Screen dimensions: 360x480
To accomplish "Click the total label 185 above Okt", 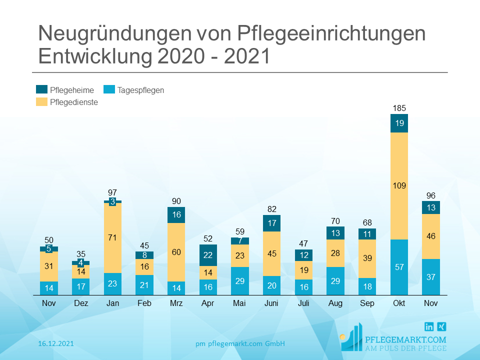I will [x=399, y=107].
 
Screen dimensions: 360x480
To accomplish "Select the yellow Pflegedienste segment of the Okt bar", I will [x=399, y=186].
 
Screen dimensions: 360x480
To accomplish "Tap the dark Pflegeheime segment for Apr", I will [x=208, y=255].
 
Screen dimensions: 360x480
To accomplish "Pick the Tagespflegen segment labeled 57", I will [x=399, y=267].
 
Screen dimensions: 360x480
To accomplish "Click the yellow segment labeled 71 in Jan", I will [x=112, y=237].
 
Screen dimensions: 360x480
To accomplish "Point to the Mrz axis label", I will [x=176, y=303].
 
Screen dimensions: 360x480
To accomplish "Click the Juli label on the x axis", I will [x=303, y=303].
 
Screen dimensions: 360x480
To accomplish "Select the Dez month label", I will [x=80, y=303].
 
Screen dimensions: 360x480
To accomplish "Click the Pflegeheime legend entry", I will [x=65, y=90].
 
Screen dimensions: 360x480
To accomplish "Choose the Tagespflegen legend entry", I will [x=133, y=90].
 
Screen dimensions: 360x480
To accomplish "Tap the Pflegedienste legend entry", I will [x=67, y=102].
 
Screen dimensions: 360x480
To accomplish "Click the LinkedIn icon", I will [x=429, y=326].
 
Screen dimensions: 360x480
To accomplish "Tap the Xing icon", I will [x=441, y=326].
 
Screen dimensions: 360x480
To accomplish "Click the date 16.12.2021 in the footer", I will [x=56, y=343].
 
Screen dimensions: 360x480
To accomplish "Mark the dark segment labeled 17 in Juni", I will [x=271, y=223].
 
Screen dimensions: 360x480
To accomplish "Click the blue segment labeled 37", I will [x=431, y=277].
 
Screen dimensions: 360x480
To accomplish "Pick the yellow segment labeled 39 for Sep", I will [x=367, y=258].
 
